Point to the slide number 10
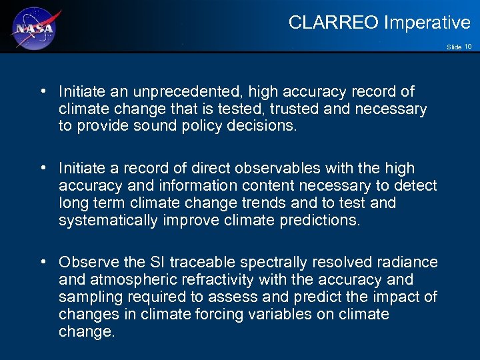[x=468, y=47]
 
